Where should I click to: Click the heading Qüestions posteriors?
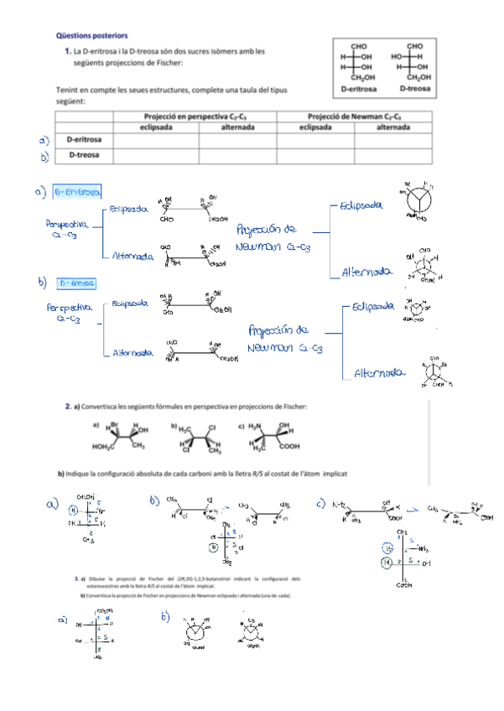(91, 36)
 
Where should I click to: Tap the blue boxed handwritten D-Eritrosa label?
(76, 192)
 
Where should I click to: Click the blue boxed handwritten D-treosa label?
(76, 283)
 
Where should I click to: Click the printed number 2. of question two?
(69, 407)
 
